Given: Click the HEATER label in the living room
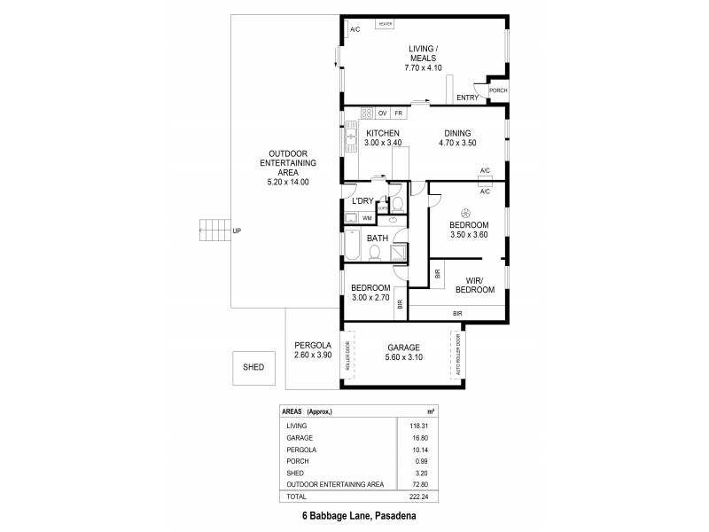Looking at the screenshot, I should (386, 24).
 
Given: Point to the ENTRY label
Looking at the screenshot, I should (466, 97).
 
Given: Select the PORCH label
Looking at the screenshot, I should (498, 90).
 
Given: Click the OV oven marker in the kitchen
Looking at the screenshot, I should (383, 113).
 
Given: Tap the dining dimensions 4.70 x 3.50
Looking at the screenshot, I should (458, 142).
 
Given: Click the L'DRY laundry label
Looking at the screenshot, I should (362, 201).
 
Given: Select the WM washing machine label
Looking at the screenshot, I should (367, 217).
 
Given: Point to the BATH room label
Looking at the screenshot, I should (378, 238).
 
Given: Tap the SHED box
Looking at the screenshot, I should (253, 366).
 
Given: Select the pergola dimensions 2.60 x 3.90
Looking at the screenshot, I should (313, 356).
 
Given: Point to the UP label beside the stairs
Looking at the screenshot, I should (236, 231).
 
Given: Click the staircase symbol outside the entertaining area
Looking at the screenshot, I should (213, 231).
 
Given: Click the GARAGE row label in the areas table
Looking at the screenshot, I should (299, 436).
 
